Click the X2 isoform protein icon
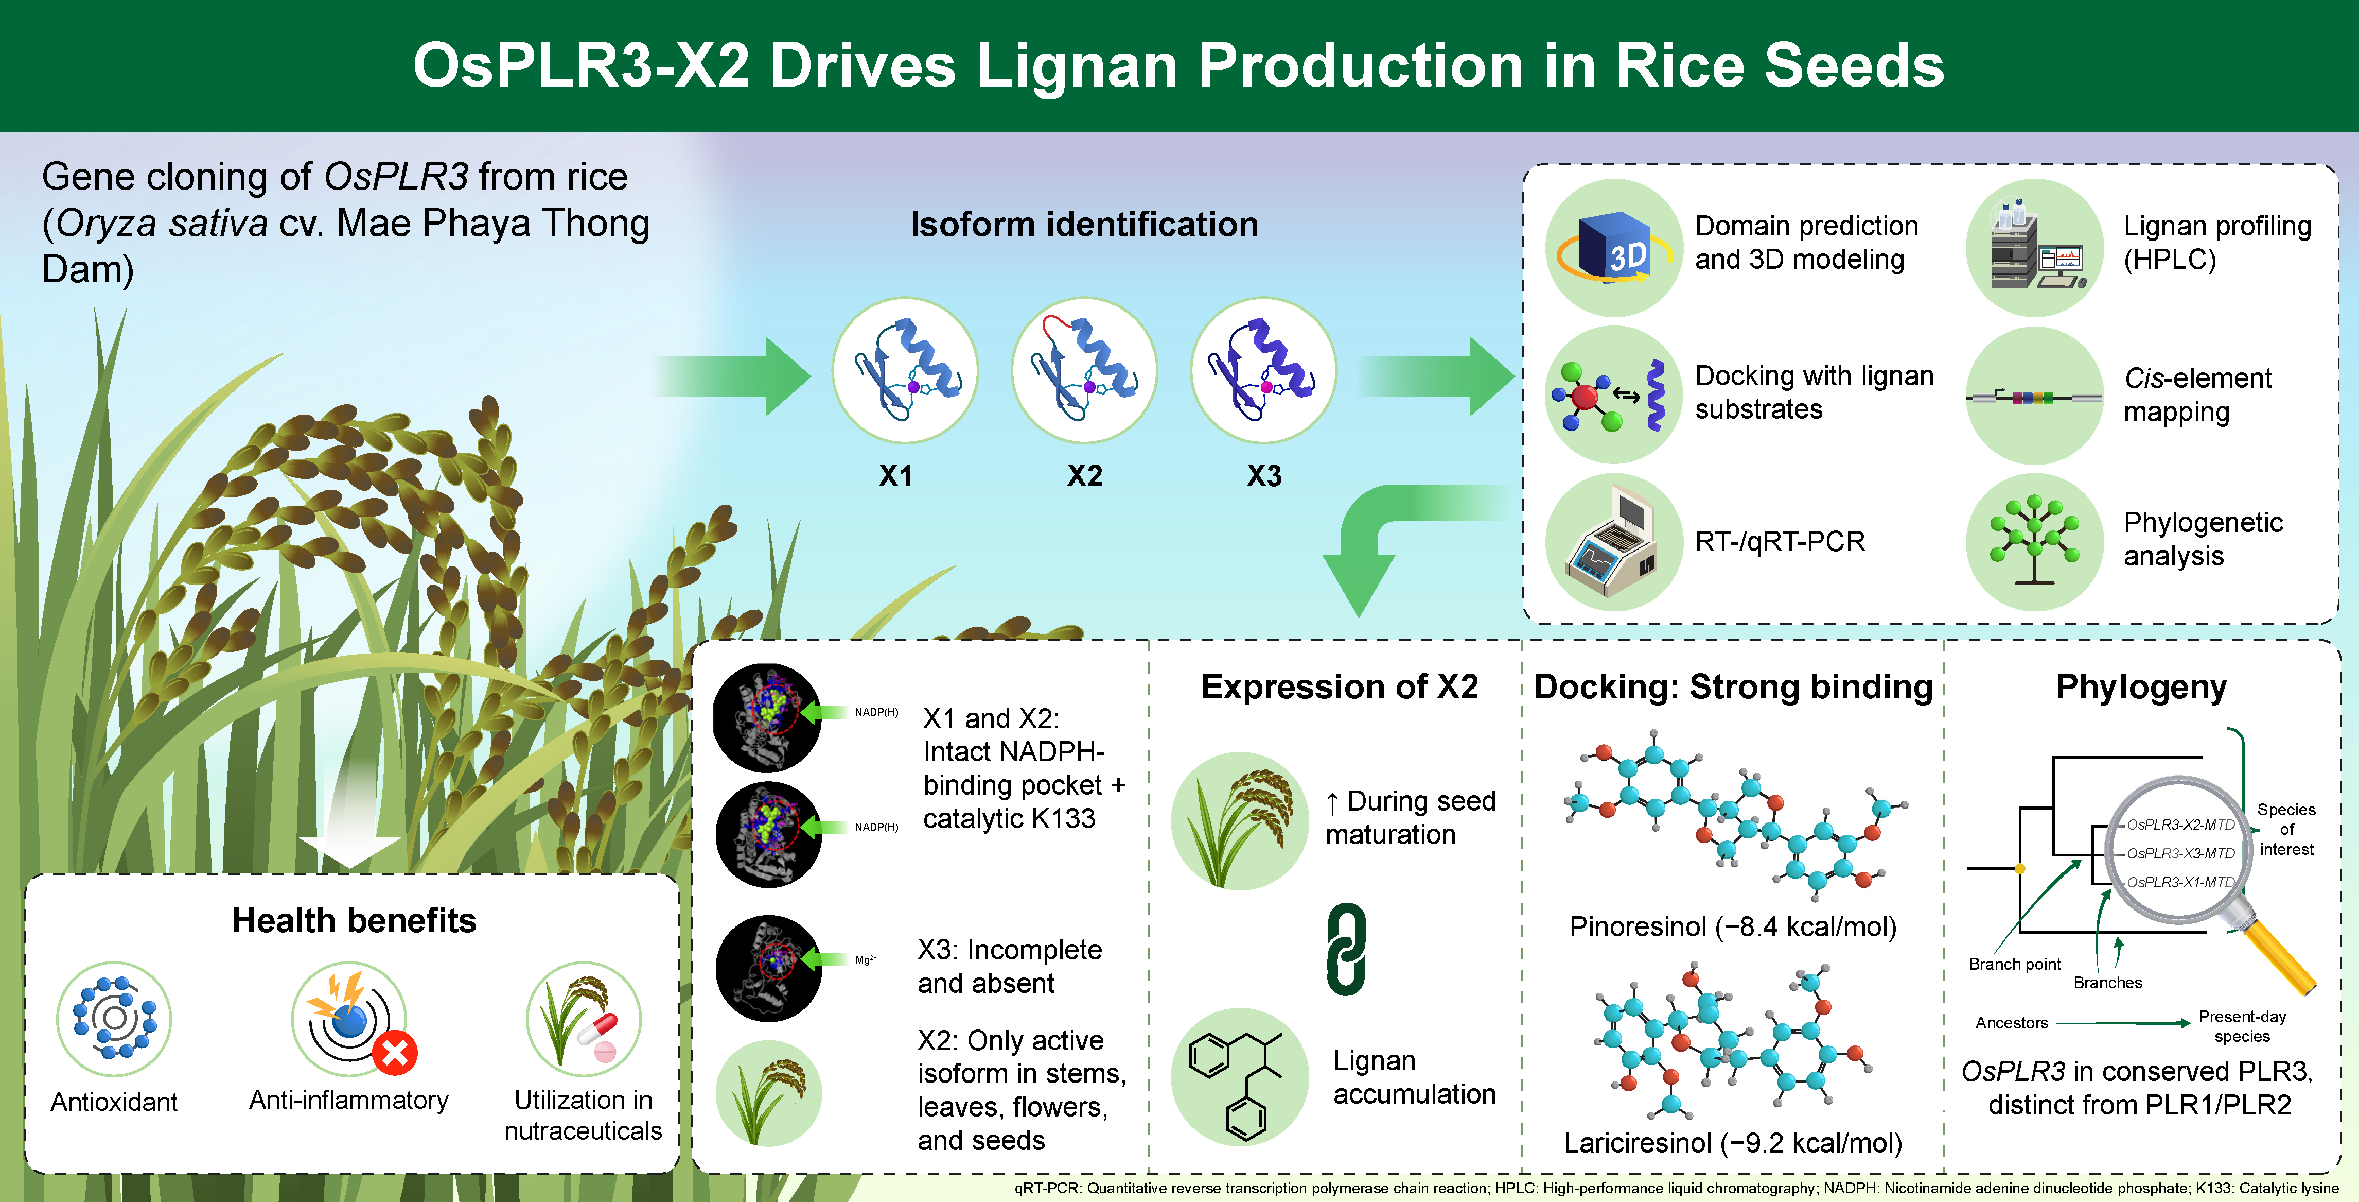(x=1084, y=370)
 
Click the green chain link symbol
(x=1346, y=949)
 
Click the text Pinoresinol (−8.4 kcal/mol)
(x=1733, y=926)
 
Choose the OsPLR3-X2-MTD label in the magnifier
(x=2180, y=825)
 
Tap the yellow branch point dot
(x=2020, y=868)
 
